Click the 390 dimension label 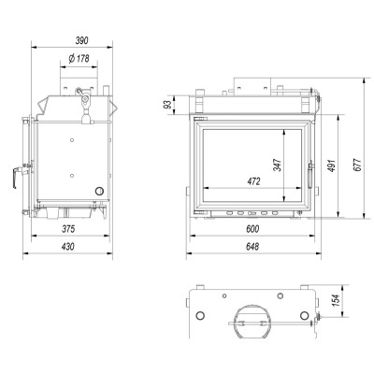pyautogui.click(x=82, y=40)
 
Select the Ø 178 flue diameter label pyautogui.click(x=79, y=58)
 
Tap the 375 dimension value pyautogui.click(x=68, y=229)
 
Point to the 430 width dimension pyautogui.click(x=68, y=247)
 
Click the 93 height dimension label pyautogui.click(x=168, y=105)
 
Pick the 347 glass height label pyautogui.click(x=277, y=165)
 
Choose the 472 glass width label pyautogui.click(x=253, y=181)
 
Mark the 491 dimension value pyautogui.click(x=331, y=165)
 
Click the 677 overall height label pyautogui.click(x=357, y=165)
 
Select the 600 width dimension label pyautogui.click(x=252, y=229)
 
